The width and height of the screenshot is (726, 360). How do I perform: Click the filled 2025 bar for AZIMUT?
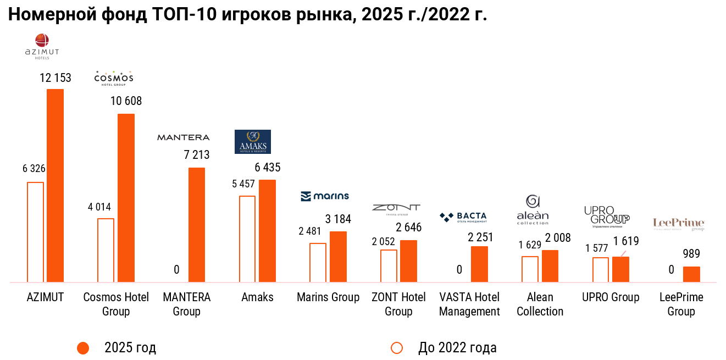coord(55,185)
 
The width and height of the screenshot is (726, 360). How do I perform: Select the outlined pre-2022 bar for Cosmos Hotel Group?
coord(106,250)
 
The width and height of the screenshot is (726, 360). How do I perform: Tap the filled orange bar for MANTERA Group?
coord(197,225)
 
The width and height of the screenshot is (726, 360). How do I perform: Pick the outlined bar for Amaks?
coord(247,239)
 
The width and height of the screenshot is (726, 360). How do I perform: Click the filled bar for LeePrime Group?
coord(691,274)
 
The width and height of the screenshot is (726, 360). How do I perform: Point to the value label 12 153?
coord(55,78)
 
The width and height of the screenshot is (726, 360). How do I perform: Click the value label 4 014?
coord(99,207)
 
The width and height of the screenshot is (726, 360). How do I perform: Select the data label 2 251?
coord(480,237)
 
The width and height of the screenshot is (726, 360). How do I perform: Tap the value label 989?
coord(691,254)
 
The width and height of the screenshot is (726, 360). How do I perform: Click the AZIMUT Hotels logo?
coord(42,46)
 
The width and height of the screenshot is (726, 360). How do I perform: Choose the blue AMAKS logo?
coord(252,142)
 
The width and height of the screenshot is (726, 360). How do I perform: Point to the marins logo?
coord(324,196)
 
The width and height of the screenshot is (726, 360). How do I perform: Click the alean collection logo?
coord(533,210)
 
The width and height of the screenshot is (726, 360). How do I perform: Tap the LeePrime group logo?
coord(678,224)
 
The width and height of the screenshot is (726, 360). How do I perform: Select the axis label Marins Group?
coord(328,297)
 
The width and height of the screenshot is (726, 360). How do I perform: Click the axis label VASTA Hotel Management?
coord(469,304)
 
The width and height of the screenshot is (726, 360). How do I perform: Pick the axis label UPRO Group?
coord(611,297)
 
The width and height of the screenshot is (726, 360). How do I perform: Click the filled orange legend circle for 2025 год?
coord(83,348)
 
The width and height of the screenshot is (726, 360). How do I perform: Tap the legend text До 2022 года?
coord(457,348)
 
